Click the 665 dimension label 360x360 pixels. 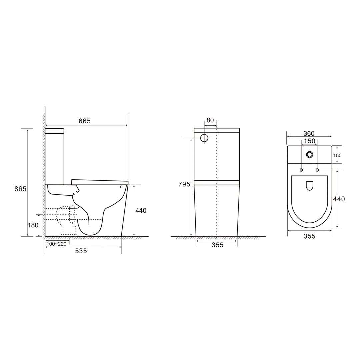85,121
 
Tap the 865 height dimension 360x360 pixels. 20,189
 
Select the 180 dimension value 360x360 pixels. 33,225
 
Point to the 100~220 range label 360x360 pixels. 56,244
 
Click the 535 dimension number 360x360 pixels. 81,251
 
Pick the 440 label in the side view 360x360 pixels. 141,211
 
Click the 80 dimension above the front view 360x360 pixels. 210,120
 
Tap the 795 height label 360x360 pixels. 184,184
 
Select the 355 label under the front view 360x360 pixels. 217,245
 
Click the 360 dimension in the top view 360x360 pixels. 309,133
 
